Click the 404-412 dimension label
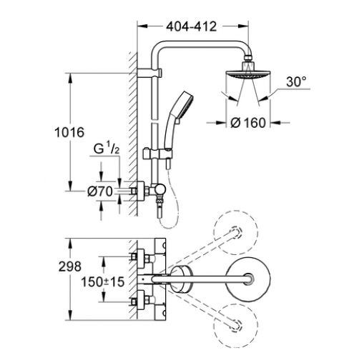pyautogui.click(x=192, y=26)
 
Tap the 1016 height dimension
pyautogui.click(x=69, y=132)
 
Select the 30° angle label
pyautogui.click(x=296, y=81)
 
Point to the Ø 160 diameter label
pyautogui.click(x=248, y=123)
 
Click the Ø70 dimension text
pyautogui.click(x=100, y=191)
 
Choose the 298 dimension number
pyautogui.click(x=70, y=266)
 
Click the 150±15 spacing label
pyautogui.click(x=103, y=282)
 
